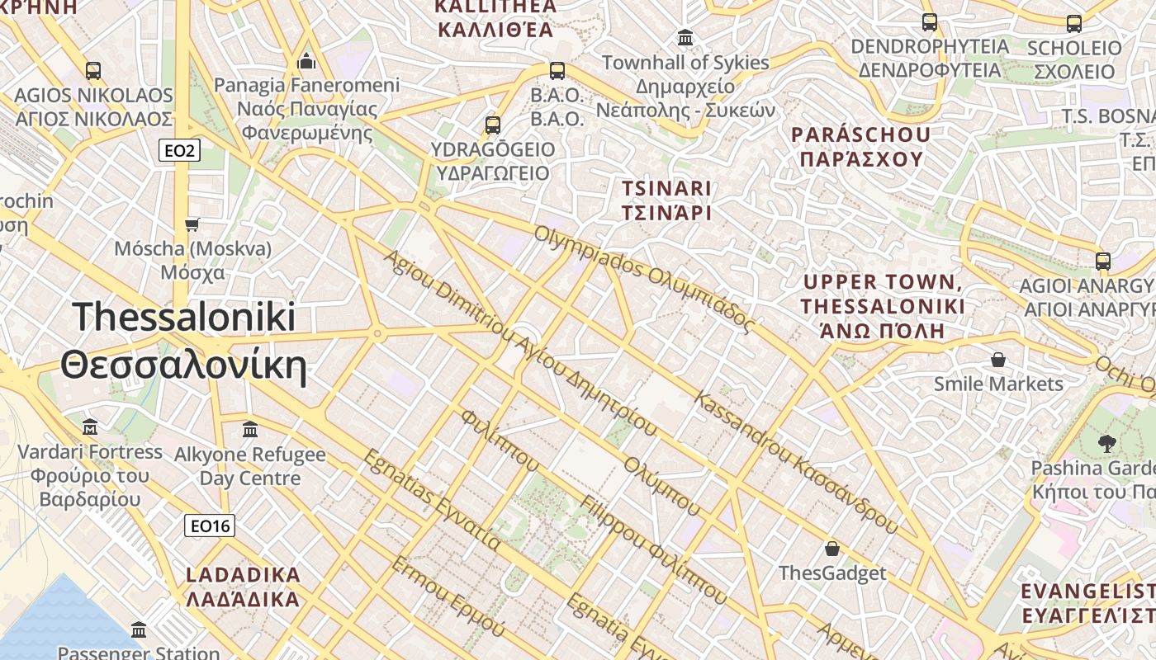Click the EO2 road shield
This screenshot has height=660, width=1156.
pos(178,149)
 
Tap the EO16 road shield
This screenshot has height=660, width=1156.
pos(209,526)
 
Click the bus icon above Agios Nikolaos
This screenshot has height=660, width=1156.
pos(93,71)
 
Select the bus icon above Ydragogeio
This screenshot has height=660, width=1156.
pos(493,125)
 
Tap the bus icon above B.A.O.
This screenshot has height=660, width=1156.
pos(557,71)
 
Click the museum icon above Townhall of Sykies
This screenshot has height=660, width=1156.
pos(685,38)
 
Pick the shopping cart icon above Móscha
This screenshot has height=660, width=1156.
pos(192,224)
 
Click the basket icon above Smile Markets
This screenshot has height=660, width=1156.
pos(998,360)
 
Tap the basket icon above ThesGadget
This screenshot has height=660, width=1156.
pos(832,549)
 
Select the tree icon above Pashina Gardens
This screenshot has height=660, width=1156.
pos(1106,444)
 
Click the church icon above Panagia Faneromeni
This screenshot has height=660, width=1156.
pos(306,61)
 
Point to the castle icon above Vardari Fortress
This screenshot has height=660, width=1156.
pos(90,427)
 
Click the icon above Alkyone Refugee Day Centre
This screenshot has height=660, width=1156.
pos(250,430)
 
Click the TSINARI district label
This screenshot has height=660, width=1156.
pos(666,200)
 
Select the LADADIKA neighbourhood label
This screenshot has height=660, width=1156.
pos(243,587)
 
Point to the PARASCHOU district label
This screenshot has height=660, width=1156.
pos(860,146)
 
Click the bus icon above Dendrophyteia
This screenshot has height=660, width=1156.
pos(930,22)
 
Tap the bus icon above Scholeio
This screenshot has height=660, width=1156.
pos(1074,24)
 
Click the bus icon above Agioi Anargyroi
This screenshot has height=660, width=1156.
pos(1103,262)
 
